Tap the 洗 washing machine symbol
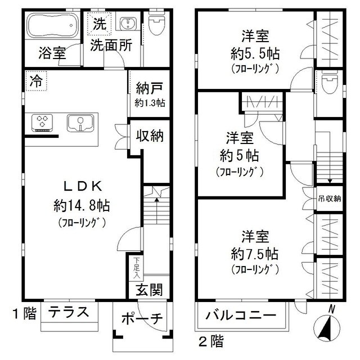pos(99,24)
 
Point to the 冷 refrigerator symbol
pos(36,81)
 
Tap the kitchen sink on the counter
pos(81,122)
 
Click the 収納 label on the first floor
pos(149,135)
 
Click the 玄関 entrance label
pos(149,290)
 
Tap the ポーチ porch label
pos(142,319)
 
